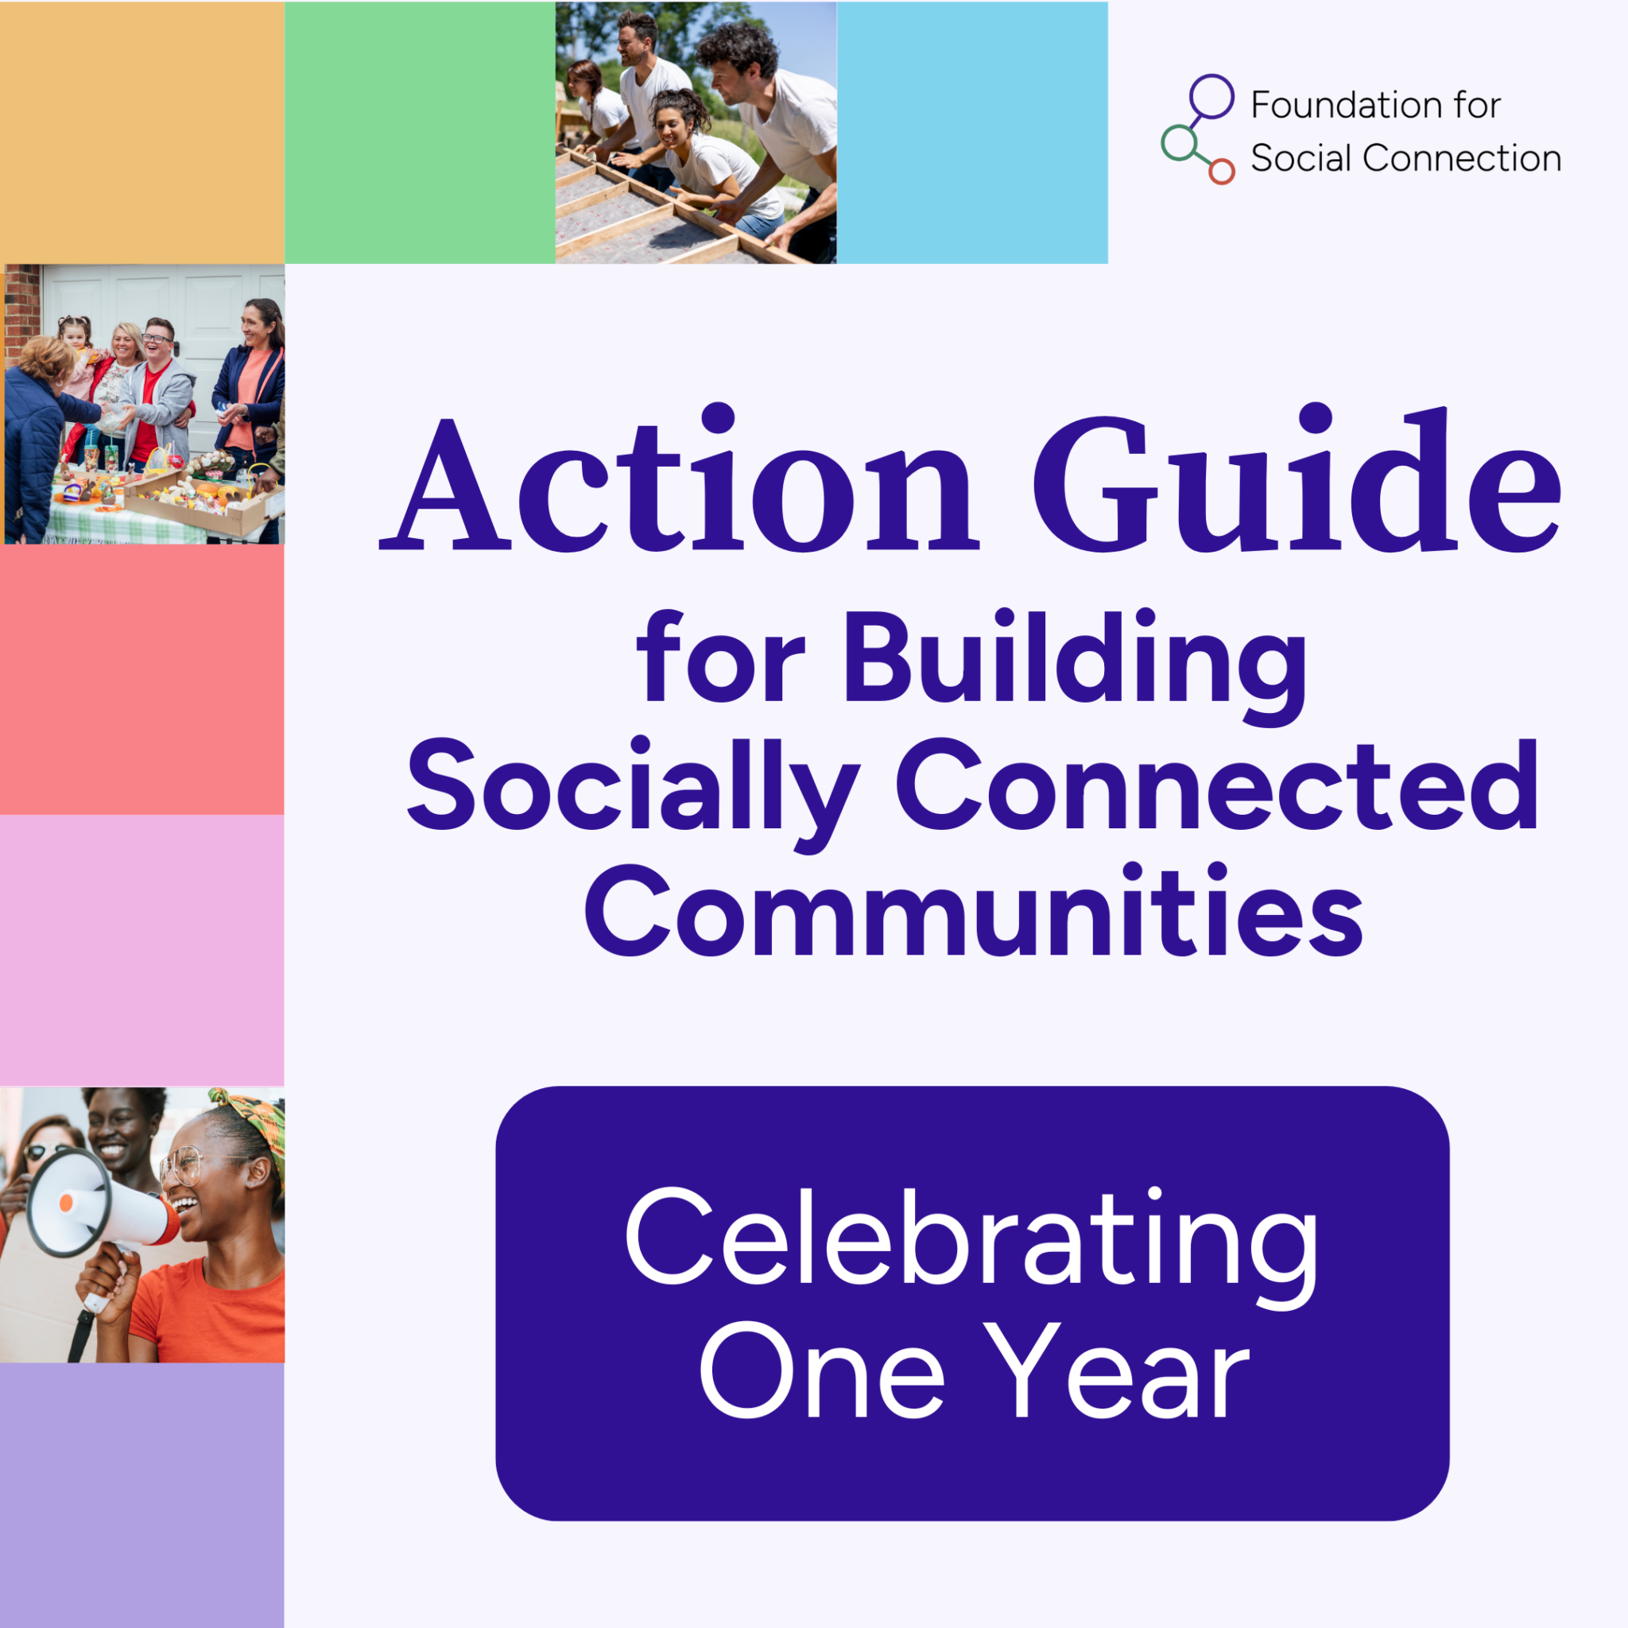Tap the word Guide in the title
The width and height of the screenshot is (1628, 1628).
coord(1296,480)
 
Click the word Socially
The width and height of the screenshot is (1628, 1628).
coord(632,788)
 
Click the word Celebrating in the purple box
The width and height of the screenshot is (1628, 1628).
coord(971,1238)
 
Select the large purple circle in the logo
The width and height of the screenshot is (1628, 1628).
coord(1211,96)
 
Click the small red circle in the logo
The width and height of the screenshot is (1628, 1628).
coord(1221,172)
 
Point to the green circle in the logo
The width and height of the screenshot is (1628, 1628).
coord(1179,142)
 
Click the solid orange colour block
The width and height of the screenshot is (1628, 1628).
coord(141,132)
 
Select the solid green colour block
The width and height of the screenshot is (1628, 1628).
coord(420,132)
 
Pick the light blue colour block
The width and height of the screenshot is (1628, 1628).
coord(971,132)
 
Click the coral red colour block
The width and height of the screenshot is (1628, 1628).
coord(141,679)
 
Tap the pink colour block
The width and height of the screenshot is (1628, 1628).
coord(141,950)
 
